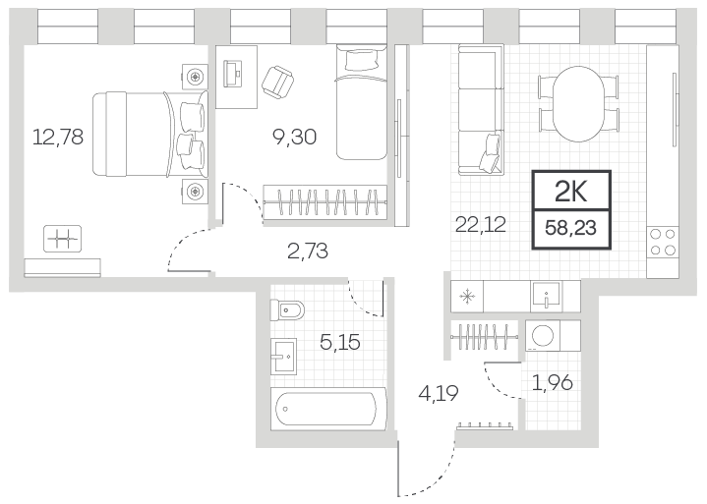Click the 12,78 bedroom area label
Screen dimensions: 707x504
pyautogui.click(x=58, y=137)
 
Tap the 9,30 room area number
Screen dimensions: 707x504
pyautogui.click(x=294, y=137)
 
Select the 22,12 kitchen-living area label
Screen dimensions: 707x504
pyautogui.click(x=481, y=224)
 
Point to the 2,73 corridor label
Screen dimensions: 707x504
pyautogui.click(x=308, y=251)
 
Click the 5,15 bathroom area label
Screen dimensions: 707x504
pyautogui.click(x=340, y=342)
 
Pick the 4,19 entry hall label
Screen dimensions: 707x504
pyautogui.click(x=439, y=393)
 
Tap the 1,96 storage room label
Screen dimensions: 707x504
pyautogui.click(x=553, y=383)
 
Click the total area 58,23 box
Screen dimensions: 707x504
pyautogui.click(x=571, y=229)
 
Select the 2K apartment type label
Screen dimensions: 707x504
pyautogui.click(x=571, y=192)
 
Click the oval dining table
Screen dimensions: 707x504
pyautogui.click(x=578, y=104)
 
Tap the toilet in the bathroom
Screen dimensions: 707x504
pyautogui.click(x=287, y=309)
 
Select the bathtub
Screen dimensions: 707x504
pyautogui.click(x=327, y=409)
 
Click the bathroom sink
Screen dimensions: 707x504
pyautogui.click(x=283, y=357)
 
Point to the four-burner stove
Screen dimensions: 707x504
pyautogui.click(x=663, y=242)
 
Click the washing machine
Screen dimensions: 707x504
pyautogui.click(x=543, y=336)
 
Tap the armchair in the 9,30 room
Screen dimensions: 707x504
pyautogui.click(x=277, y=82)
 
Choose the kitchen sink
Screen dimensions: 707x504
pyautogui.click(x=546, y=297)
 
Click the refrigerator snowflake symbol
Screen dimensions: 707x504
pyautogui.click(x=467, y=297)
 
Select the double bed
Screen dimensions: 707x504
pyautogui.click(x=150, y=134)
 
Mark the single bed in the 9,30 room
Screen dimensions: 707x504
pyautogui.click(x=361, y=102)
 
